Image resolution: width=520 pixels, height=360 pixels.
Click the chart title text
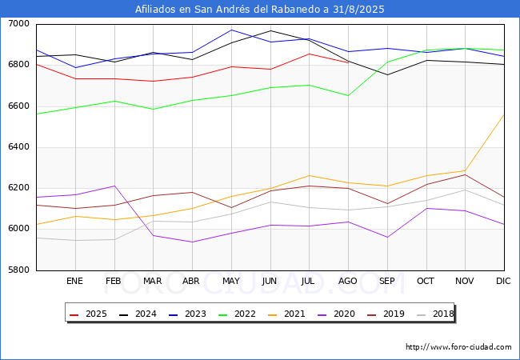pyautogui.click(x=260, y=10)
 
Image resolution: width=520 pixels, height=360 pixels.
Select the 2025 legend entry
pyautogui.click(x=88, y=314)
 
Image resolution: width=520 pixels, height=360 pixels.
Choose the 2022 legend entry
pyautogui.click(x=237, y=314)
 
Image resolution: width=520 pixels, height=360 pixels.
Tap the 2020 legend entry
pyautogui.click(x=336, y=314)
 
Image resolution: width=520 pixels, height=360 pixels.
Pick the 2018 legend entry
pyautogui.click(x=435, y=314)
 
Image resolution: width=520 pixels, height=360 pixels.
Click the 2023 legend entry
pyautogui.click(x=187, y=314)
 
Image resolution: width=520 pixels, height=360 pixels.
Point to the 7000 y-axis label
pyautogui.click(x=19, y=24)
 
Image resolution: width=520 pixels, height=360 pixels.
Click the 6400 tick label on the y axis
pyautogui.click(x=19, y=147)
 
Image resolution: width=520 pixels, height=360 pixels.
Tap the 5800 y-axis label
pyautogui.click(x=19, y=270)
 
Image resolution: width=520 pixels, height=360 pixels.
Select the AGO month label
pyautogui.click(x=347, y=281)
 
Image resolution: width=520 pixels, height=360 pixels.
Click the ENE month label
pyautogui.click(x=74, y=281)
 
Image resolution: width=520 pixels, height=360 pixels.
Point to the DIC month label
pyautogui.click(x=503, y=281)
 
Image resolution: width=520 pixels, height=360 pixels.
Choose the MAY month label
pyautogui.click(x=231, y=281)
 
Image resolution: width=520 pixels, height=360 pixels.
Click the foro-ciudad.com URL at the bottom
pyautogui.click(x=458, y=347)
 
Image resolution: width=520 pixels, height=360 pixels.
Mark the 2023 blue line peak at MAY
pyautogui.click(x=231, y=30)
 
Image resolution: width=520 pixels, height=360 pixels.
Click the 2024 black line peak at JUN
pyautogui.click(x=270, y=31)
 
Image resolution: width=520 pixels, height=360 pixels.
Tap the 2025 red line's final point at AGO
pyautogui.click(x=348, y=62)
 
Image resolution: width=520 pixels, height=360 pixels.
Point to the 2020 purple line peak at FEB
pyautogui.click(x=114, y=186)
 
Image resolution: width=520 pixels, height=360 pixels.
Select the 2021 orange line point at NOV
pyautogui.click(x=466, y=170)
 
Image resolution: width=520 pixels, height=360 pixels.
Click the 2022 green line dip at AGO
pyautogui.click(x=348, y=96)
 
